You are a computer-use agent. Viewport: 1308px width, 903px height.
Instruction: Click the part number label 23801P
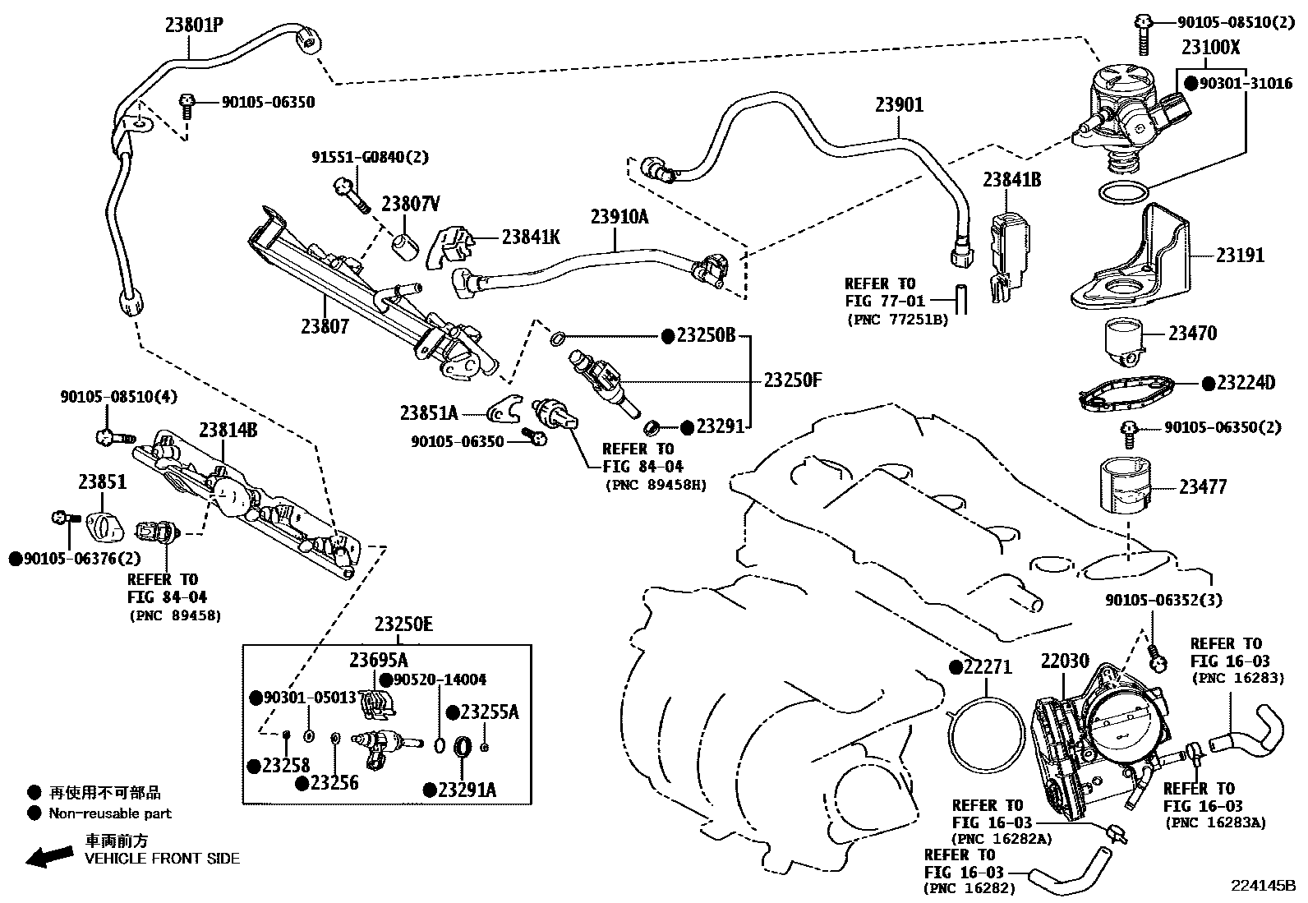pyautogui.click(x=194, y=25)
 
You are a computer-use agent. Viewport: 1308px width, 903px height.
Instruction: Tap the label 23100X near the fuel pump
pyautogui.click(x=1210, y=48)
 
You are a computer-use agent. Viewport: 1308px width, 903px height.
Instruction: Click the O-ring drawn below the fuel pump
pyautogui.click(x=1122, y=194)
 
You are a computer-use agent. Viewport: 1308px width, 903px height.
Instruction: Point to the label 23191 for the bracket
pyautogui.click(x=1240, y=256)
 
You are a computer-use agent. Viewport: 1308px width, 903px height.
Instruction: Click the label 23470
pyautogui.click(x=1192, y=334)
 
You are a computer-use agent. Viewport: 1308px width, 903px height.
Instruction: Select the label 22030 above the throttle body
pyautogui.click(x=1065, y=661)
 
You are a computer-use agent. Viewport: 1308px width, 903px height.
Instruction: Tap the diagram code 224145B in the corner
pyautogui.click(x=1262, y=887)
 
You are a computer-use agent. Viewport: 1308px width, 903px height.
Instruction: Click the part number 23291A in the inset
pyautogui.click(x=467, y=790)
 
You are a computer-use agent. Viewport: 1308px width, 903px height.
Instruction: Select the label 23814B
pyautogui.click(x=227, y=430)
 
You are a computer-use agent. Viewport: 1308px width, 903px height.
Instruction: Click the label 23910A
pyautogui.click(x=619, y=217)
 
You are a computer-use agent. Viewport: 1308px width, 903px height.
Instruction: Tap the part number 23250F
pyautogui.click(x=793, y=380)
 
